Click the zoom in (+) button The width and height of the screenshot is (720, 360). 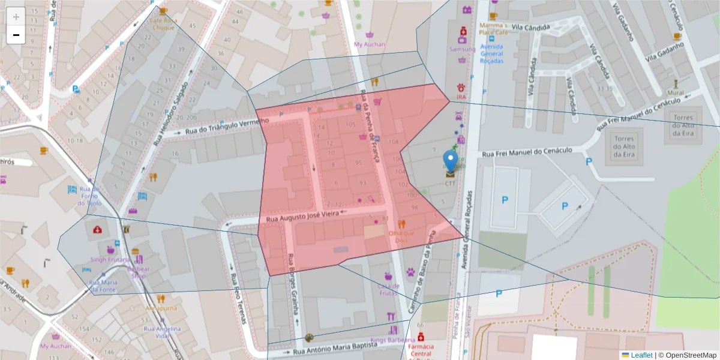coord(16,16)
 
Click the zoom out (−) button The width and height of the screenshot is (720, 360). coord(16,35)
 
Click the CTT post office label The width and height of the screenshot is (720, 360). coord(450,184)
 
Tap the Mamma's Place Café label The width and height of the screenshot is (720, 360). coord(493,29)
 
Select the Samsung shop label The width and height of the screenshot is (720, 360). coord(462,49)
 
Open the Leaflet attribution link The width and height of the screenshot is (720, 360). coord(641,355)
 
